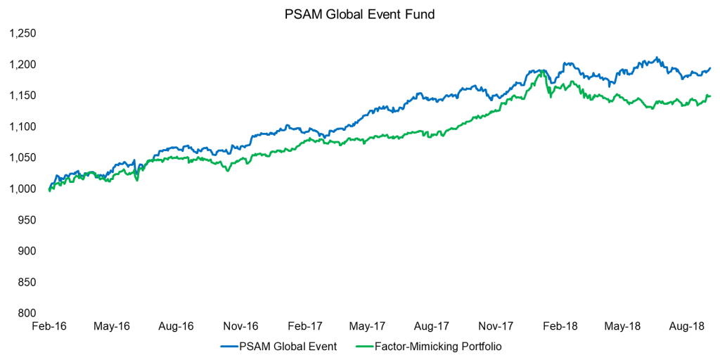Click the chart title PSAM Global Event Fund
pos(359,13)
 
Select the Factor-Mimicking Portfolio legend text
pos(439,346)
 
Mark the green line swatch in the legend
pos(363,346)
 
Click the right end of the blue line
pos(710,68)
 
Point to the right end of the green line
pos(710,96)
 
